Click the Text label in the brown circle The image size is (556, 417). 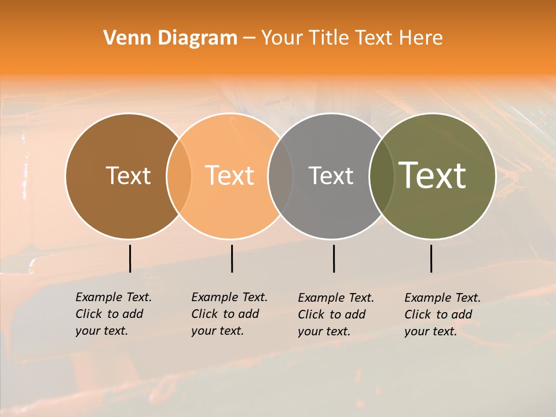pos(128,175)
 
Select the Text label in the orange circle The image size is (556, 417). pos(230,175)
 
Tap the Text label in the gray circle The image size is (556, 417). pos(331,175)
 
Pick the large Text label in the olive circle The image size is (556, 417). pos(433,175)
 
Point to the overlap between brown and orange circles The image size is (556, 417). pos(179,176)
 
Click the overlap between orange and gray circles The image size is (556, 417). pos(281,176)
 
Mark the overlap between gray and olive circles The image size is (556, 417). pos(379,176)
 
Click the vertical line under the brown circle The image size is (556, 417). pos(130,258)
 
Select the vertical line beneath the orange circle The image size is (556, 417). pos(232,258)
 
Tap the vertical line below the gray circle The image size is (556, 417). pos(334,258)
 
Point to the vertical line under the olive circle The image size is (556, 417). pos(431,258)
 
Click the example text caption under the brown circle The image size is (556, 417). pos(113,314)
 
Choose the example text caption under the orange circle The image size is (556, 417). pos(229,314)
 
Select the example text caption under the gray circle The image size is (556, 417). pos(335,314)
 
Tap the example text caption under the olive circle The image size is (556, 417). pos(442,314)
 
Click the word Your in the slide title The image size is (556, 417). pos(282,38)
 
